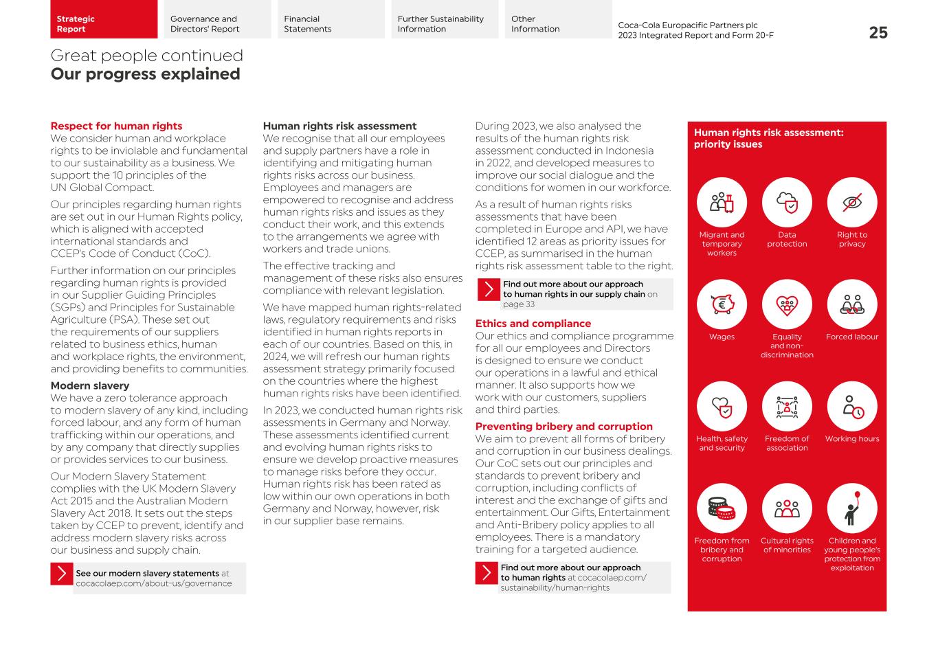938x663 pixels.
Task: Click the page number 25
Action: (878, 32)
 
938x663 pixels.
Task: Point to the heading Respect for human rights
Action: (116, 126)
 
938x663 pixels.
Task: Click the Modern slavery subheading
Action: (89, 385)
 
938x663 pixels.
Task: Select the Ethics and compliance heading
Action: (533, 324)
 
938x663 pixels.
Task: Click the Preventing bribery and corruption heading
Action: (563, 426)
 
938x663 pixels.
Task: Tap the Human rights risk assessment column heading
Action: (339, 126)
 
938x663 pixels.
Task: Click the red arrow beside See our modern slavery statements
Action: (61, 574)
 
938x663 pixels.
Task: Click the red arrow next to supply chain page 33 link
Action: (488, 289)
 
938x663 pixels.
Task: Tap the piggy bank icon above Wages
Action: (722, 304)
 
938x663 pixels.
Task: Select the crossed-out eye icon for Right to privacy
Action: (852, 203)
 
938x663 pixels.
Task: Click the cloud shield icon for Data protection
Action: (787, 203)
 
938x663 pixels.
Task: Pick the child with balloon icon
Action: (852, 508)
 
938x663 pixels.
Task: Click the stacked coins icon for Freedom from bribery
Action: (722, 508)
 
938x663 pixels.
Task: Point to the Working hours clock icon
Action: (852, 407)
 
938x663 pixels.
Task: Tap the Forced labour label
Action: (852, 337)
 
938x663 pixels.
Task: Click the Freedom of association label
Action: (787, 443)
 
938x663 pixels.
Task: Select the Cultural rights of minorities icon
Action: (787, 508)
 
